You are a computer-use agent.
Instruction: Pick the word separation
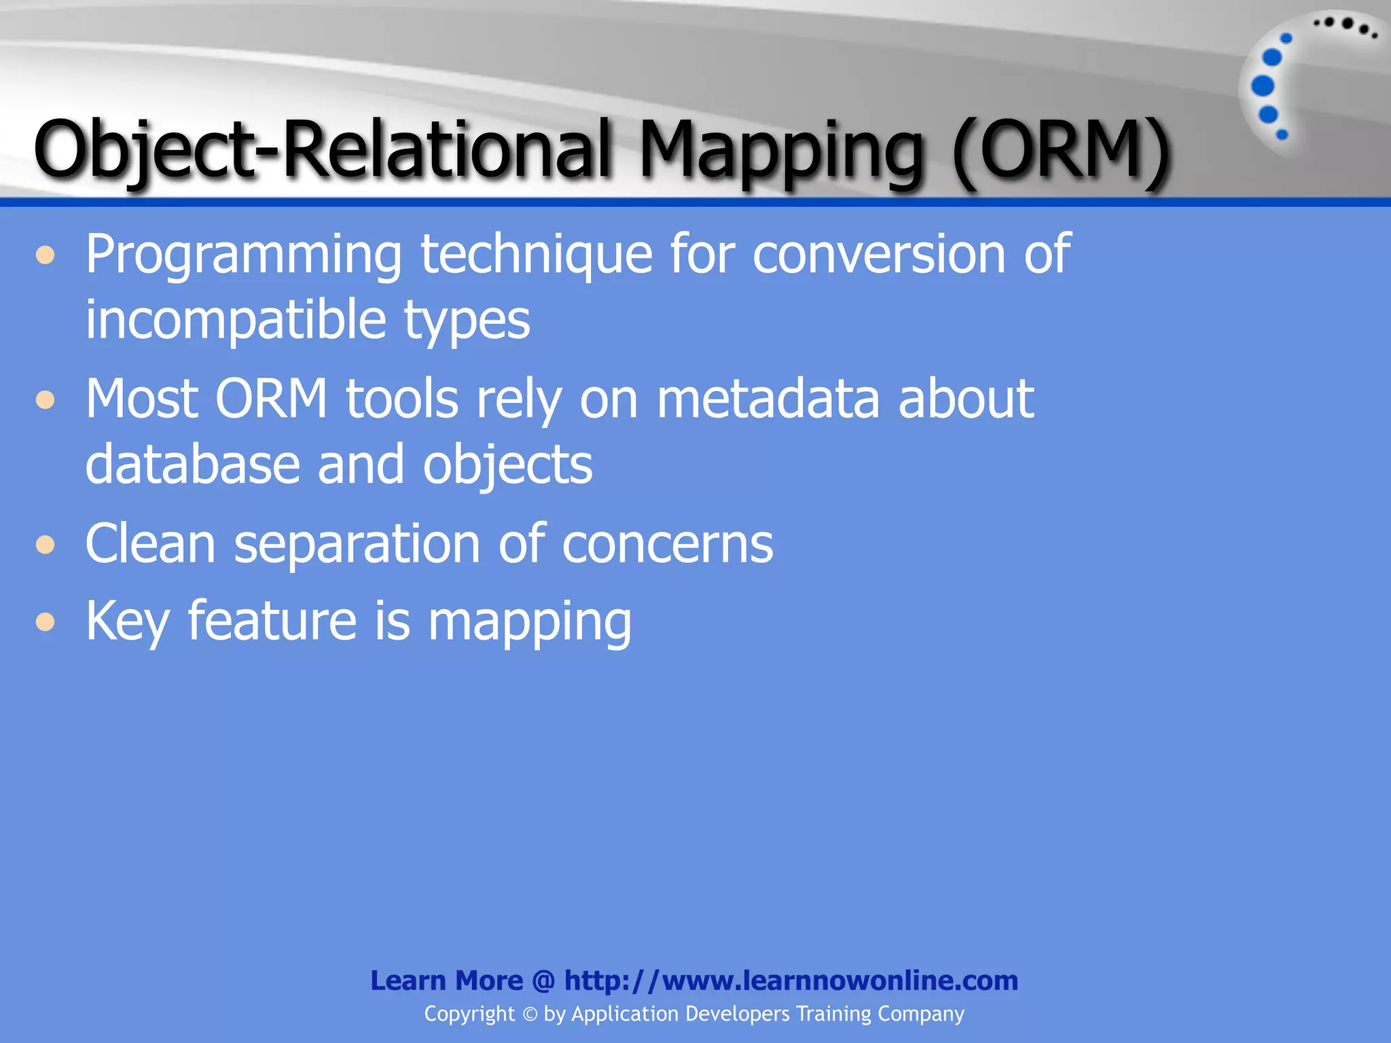[x=357, y=544]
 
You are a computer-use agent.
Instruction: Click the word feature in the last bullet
[x=272, y=621]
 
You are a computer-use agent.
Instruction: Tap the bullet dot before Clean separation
[x=46, y=545]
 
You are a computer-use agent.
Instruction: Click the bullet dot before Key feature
[x=46, y=621]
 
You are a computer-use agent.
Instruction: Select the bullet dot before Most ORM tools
[x=46, y=399]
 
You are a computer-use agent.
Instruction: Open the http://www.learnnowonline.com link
[x=791, y=981]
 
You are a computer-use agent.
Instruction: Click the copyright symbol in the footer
[x=530, y=1014]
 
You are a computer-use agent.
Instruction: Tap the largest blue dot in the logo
[x=1263, y=86]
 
